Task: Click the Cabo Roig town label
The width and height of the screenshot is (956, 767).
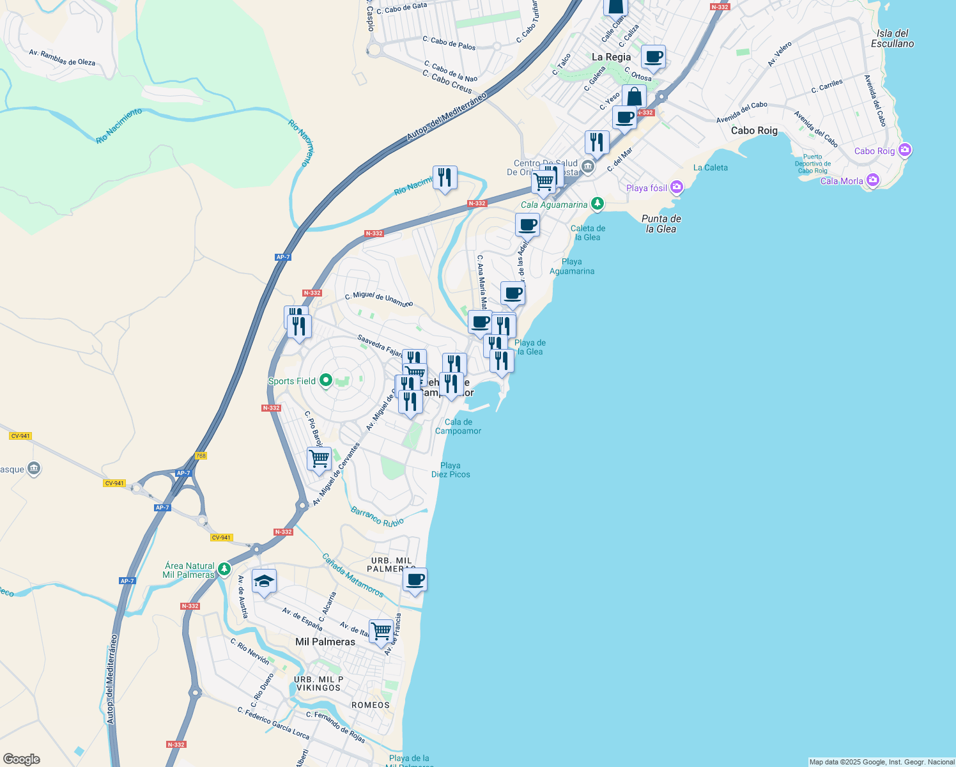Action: (x=754, y=130)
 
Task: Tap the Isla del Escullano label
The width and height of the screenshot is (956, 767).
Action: (x=893, y=38)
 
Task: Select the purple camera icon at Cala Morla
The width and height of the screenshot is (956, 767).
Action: (x=872, y=180)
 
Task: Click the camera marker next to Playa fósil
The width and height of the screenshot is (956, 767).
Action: (x=677, y=187)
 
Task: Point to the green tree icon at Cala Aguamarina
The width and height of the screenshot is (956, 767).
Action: (x=597, y=204)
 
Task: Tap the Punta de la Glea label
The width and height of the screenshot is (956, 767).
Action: (x=661, y=224)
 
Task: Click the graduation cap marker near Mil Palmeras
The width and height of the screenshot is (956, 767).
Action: (x=264, y=582)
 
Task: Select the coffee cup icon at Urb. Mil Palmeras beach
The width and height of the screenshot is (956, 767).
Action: (x=415, y=580)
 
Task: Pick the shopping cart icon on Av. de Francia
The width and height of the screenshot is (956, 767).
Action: (x=381, y=631)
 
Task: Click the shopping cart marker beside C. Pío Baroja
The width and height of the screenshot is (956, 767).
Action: (x=319, y=458)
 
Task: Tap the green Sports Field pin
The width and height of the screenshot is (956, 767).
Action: (x=325, y=381)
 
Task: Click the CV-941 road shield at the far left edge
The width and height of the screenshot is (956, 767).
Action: (x=20, y=436)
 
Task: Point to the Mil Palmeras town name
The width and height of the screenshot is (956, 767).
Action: (x=325, y=642)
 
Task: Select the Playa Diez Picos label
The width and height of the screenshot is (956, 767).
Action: (x=451, y=470)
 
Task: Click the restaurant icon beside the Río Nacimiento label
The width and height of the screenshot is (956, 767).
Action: (x=445, y=177)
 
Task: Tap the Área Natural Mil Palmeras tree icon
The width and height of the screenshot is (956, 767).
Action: (x=224, y=568)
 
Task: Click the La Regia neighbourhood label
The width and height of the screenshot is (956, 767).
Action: (x=611, y=57)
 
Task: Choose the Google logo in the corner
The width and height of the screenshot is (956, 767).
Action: (x=21, y=759)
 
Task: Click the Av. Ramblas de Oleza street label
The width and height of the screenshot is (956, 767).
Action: (x=62, y=58)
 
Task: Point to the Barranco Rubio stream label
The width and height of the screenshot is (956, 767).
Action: (x=377, y=517)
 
